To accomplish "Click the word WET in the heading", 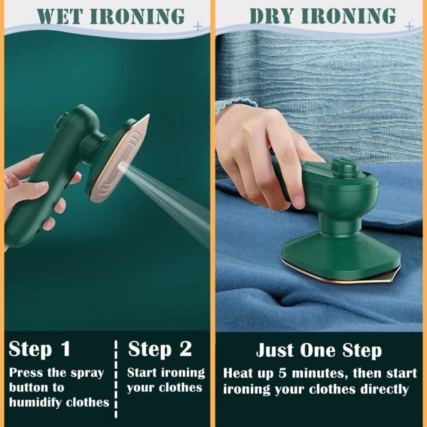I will tap(60, 16).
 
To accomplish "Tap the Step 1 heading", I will tap(39, 349).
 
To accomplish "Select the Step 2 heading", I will tap(160, 349).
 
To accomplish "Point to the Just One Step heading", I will tap(319, 351).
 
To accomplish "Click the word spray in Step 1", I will tap(88, 373).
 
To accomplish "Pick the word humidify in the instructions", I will tap(38, 402).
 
